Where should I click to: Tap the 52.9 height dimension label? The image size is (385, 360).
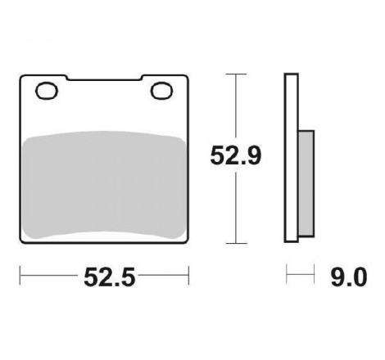tap(236, 155)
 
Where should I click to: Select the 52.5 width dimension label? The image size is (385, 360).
tap(110, 277)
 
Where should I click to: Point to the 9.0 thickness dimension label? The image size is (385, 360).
tap(349, 277)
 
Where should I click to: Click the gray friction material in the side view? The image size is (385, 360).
tap(306, 183)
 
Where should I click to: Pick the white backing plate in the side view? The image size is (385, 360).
tap(291, 158)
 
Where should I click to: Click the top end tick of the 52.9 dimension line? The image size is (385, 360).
tap(236, 74)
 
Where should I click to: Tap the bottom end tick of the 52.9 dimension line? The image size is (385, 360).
tap(237, 243)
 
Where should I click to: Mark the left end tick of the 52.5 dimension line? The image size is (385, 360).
tap(20, 276)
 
